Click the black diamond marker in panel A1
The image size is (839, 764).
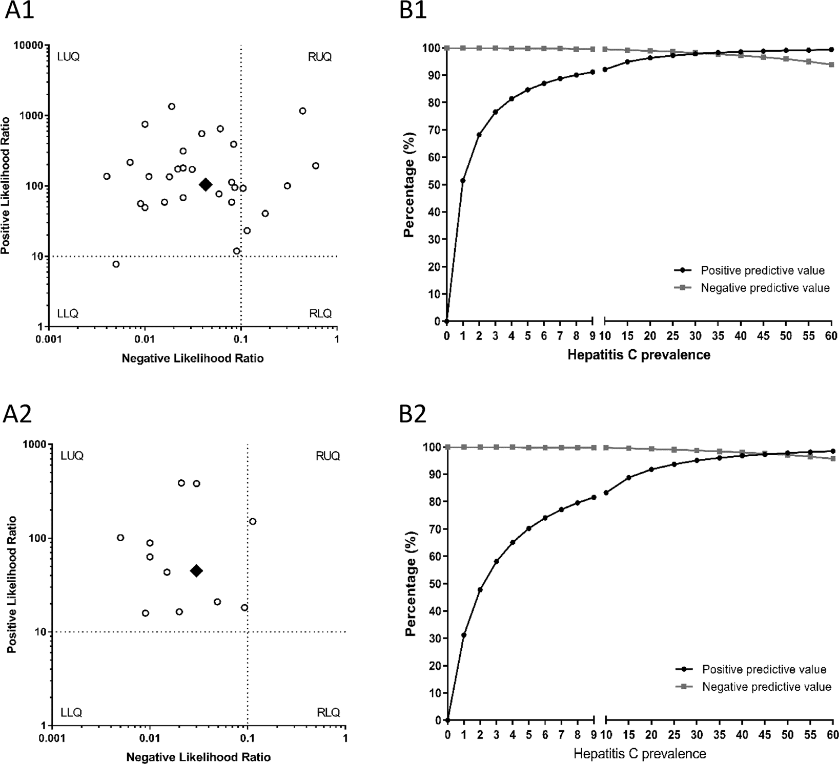click(x=206, y=185)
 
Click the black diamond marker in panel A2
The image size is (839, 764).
click(x=196, y=570)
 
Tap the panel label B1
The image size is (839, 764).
click(x=413, y=11)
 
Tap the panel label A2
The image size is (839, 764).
click(x=18, y=414)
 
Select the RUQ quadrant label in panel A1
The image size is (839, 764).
click(x=320, y=57)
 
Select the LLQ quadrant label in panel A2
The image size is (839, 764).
click(x=72, y=712)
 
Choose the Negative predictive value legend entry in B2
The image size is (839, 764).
click(x=766, y=687)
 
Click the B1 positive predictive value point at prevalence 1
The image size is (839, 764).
click(x=463, y=180)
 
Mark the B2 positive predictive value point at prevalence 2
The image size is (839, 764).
click(x=480, y=589)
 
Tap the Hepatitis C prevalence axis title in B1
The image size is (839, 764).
click(x=639, y=355)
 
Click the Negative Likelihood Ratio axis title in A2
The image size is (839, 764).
click(x=198, y=757)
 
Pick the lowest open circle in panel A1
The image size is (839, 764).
click(x=116, y=264)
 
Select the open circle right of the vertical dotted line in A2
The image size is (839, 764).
click(x=253, y=521)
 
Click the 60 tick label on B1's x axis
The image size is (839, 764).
click(x=831, y=336)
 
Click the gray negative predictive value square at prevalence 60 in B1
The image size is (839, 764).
click(x=831, y=65)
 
